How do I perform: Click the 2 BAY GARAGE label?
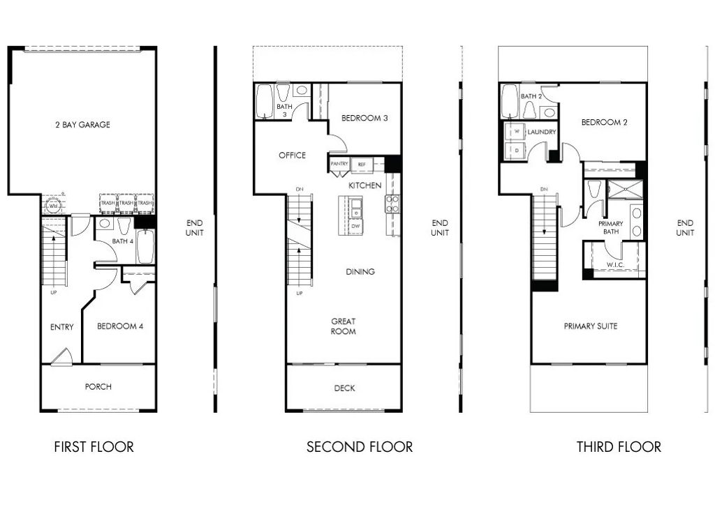(x=82, y=125)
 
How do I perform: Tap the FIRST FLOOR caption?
(x=94, y=446)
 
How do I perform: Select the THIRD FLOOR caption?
(x=619, y=446)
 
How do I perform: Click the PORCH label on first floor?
(x=98, y=386)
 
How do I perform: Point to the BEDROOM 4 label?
(x=120, y=326)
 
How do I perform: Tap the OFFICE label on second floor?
(x=292, y=155)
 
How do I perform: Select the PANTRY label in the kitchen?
(x=339, y=164)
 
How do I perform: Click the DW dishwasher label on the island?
(x=355, y=226)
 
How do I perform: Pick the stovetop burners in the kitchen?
(x=392, y=204)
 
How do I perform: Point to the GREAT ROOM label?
(x=344, y=326)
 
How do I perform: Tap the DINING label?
(x=360, y=271)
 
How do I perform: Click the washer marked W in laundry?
(x=517, y=131)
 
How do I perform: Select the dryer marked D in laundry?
(x=517, y=149)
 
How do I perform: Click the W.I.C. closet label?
(x=614, y=265)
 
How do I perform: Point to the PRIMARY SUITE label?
(x=590, y=326)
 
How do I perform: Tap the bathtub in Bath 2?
(x=509, y=103)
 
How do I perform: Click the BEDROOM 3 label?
(x=364, y=118)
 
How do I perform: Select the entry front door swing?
(x=61, y=356)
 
